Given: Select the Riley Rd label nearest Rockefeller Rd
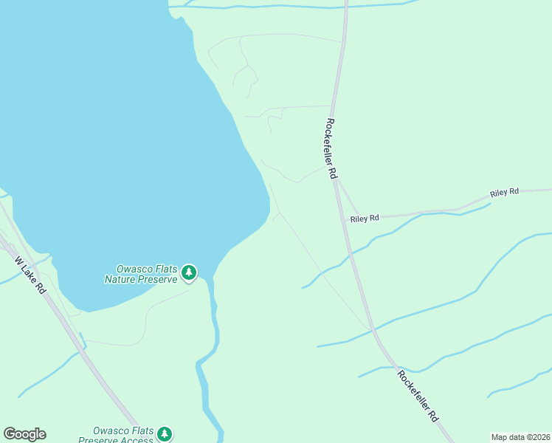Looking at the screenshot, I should pyautogui.click(x=365, y=219).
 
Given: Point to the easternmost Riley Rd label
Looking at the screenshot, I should pyautogui.click(x=505, y=192).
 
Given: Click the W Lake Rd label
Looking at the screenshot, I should pyautogui.click(x=30, y=275).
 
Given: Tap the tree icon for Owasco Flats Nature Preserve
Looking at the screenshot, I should pyautogui.click(x=190, y=273).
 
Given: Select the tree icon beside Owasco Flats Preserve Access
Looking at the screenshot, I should pyautogui.click(x=165, y=434).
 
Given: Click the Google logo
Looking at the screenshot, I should pyautogui.click(x=24, y=434).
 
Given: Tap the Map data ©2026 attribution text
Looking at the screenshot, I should pyautogui.click(x=520, y=437).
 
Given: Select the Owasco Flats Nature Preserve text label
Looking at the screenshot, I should pyautogui.click(x=142, y=274).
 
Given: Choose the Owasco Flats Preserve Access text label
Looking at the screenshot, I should pyautogui.click(x=123, y=435).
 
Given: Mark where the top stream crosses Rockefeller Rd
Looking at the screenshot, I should pyautogui.click(x=345, y=6).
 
